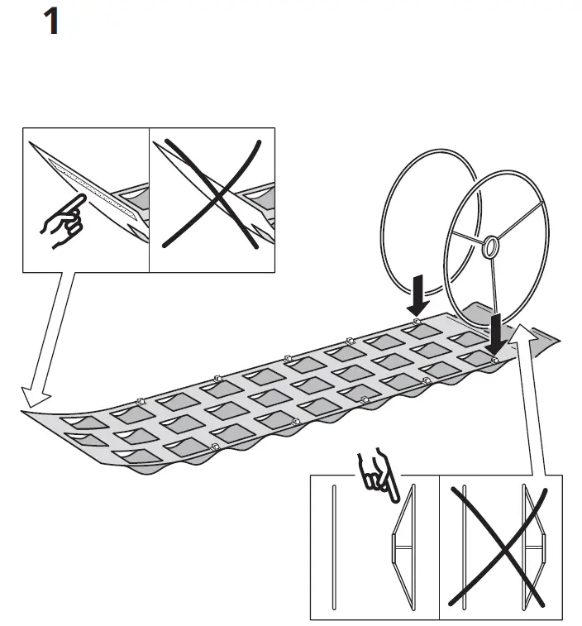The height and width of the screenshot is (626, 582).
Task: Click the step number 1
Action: click(51, 22)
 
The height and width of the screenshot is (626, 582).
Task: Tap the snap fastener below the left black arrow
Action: click(417, 319)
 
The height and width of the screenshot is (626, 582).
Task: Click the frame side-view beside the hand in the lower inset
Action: click(400, 550)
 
